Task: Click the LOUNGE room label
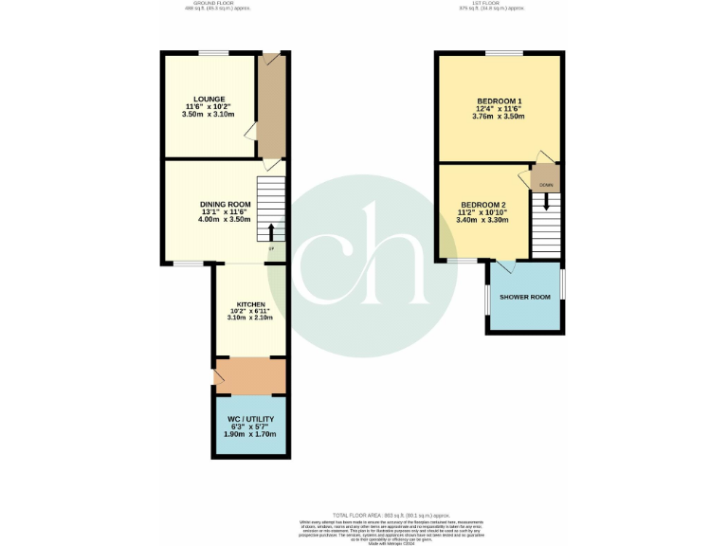pyautogui.click(x=209, y=99)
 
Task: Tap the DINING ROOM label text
pyautogui.click(x=225, y=204)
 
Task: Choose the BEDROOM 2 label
pyautogui.click(x=482, y=205)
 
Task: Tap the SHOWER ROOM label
pyautogui.click(x=526, y=297)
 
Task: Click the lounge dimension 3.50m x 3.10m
pyautogui.click(x=209, y=115)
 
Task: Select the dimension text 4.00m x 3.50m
pyautogui.click(x=225, y=220)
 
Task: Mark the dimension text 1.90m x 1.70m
pyautogui.click(x=250, y=434)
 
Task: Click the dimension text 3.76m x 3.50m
pyautogui.click(x=499, y=117)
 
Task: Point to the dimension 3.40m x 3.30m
pyautogui.click(x=482, y=220)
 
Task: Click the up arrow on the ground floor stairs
pyautogui.click(x=272, y=232)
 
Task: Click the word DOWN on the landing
pyautogui.click(x=546, y=184)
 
